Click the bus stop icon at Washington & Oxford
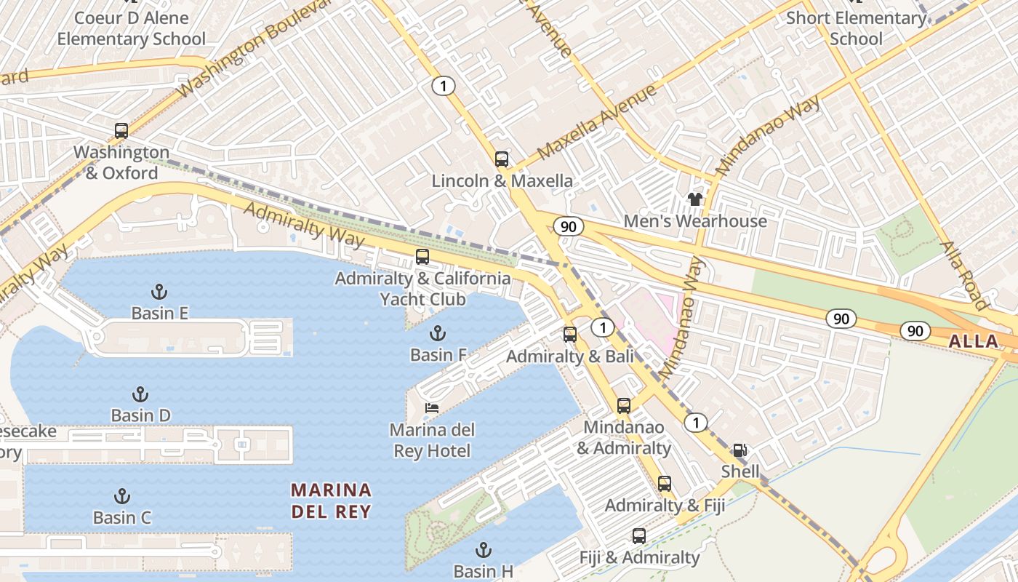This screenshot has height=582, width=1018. (x=121, y=131)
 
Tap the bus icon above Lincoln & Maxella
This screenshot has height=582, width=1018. (x=502, y=159)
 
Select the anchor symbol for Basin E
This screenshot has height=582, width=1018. (x=159, y=292)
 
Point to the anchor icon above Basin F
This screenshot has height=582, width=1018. (x=438, y=334)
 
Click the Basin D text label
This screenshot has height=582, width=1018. (x=141, y=415)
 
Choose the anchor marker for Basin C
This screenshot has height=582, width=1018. (x=122, y=497)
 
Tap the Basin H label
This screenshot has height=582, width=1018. (x=484, y=571)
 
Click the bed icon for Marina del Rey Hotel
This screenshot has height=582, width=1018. (x=432, y=408)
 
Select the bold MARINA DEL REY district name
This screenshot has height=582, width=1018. (x=332, y=501)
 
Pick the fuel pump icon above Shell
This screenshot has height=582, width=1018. (x=740, y=450)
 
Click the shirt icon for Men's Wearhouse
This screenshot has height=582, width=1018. (x=694, y=199)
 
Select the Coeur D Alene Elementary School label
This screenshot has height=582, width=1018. (x=132, y=28)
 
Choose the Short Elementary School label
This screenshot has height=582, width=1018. (x=856, y=28)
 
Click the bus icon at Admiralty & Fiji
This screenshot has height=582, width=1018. (x=665, y=484)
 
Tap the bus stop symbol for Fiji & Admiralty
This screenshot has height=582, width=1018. (x=639, y=536)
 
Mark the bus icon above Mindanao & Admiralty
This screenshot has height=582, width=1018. (x=624, y=406)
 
